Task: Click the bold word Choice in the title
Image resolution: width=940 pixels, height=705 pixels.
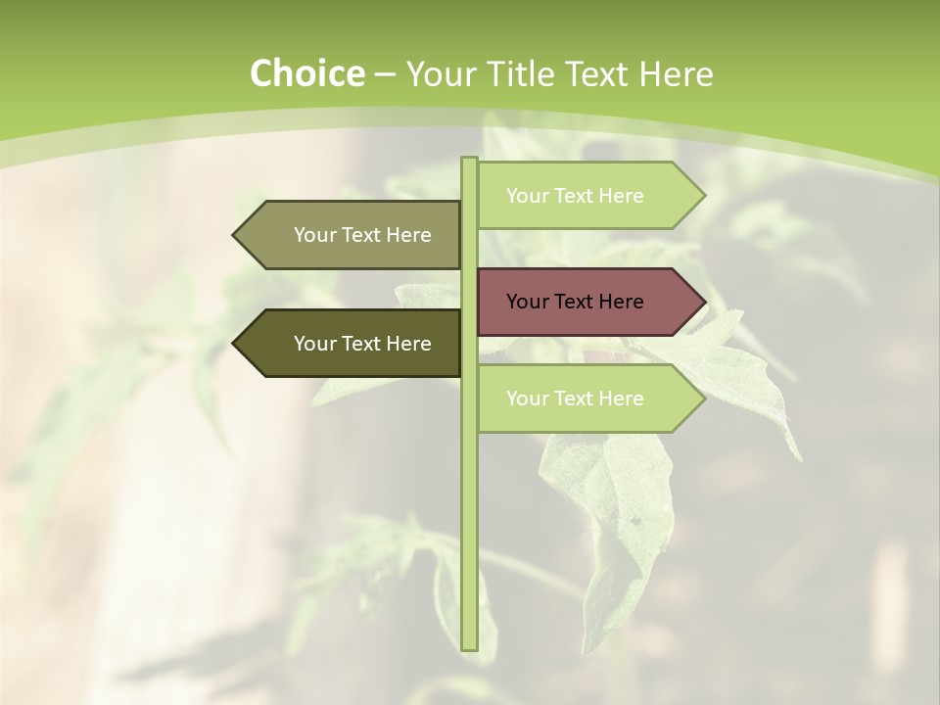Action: click(x=306, y=73)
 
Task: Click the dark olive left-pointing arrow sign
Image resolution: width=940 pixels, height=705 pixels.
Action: click(x=352, y=344)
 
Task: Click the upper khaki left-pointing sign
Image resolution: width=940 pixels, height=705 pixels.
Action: click(x=352, y=235)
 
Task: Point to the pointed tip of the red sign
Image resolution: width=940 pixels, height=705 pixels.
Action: click(x=703, y=302)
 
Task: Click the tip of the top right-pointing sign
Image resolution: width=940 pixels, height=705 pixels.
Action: click(x=703, y=196)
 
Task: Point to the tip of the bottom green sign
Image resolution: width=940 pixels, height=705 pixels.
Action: click(x=703, y=399)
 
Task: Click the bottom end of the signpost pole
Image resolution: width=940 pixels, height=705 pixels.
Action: click(x=469, y=647)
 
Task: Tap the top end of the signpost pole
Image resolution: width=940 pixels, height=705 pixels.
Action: click(x=469, y=160)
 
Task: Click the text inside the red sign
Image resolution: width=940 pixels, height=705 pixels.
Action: click(x=575, y=302)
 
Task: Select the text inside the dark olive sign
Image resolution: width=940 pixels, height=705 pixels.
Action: click(x=362, y=344)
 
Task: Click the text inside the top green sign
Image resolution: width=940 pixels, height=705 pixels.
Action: click(x=575, y=196)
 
